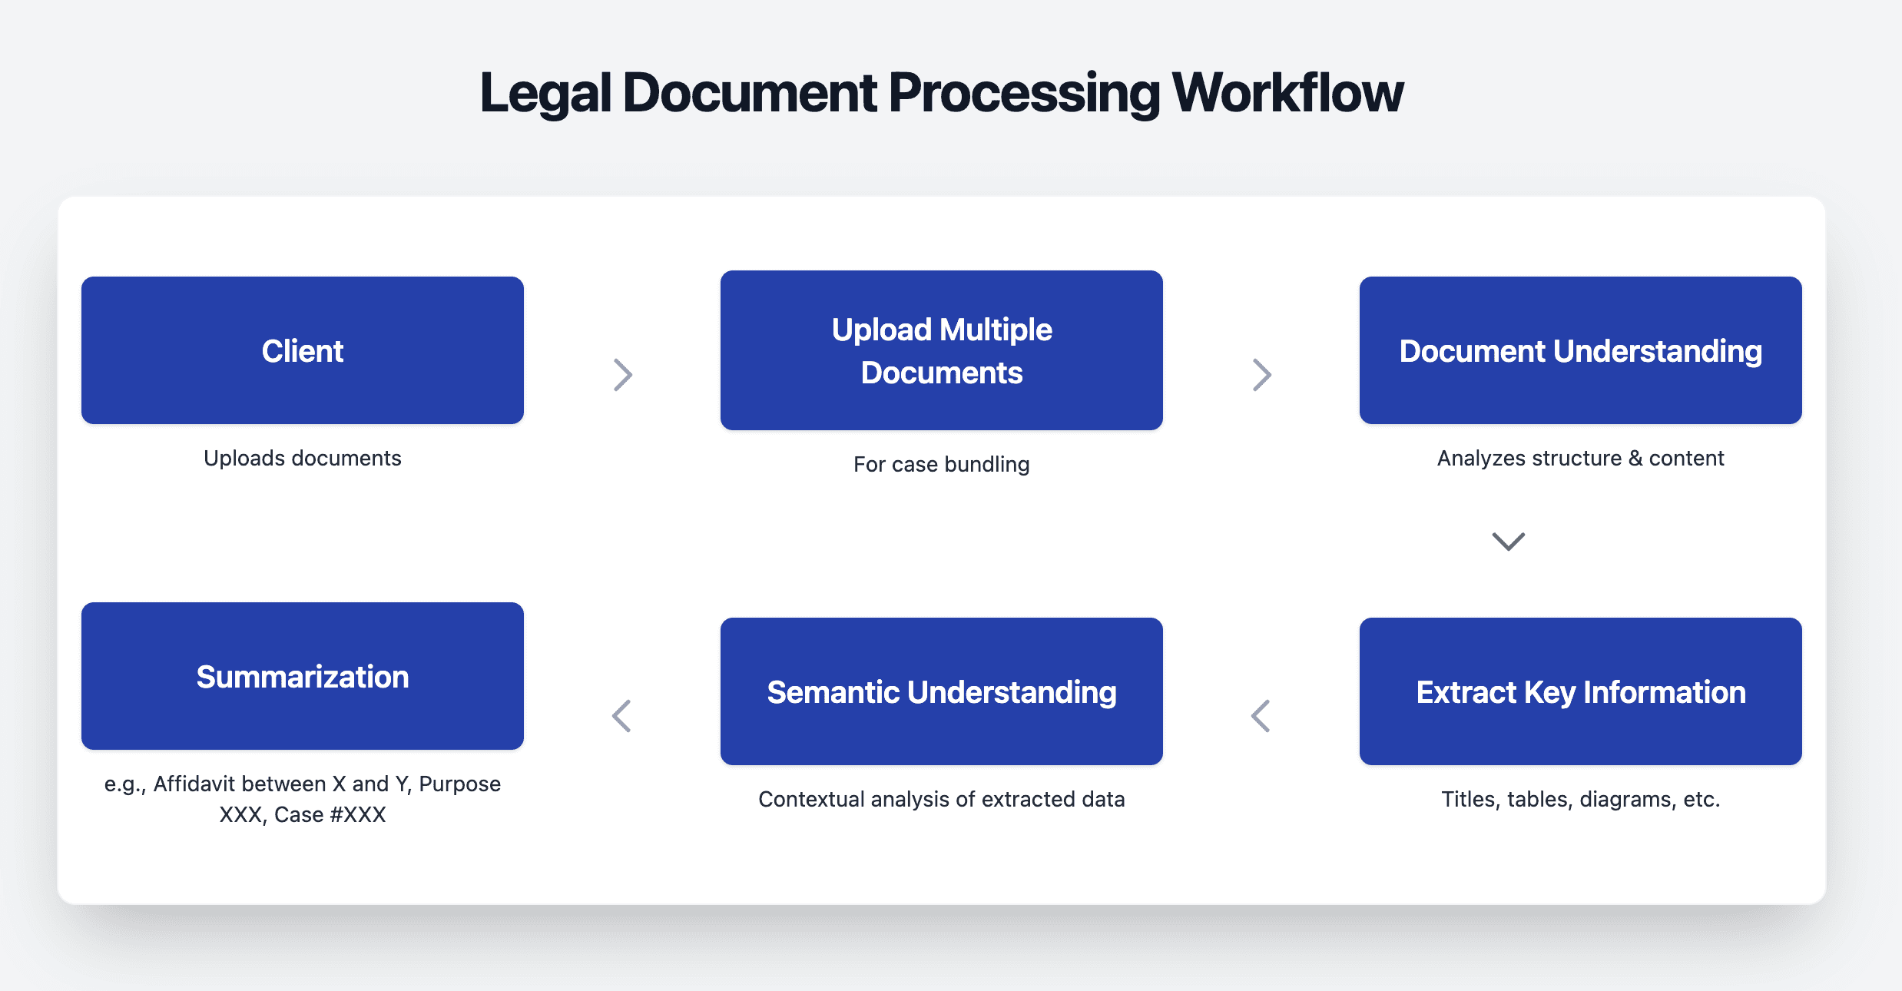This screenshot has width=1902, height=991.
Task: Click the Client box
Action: click(302, 350)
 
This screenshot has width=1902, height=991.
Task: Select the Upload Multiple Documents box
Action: click(941, 350)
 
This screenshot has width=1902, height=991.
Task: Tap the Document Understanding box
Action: click(1580, 350)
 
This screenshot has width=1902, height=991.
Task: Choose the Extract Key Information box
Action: click(1580, 691)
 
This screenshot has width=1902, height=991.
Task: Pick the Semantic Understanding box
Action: click(941, 691)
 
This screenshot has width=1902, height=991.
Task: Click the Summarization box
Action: click(302, 676)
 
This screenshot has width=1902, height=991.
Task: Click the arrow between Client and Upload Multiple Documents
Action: click(623, 375)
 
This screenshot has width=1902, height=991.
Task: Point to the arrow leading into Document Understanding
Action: click(1262, 375)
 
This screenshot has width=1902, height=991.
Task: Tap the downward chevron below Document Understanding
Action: click(1508, 542)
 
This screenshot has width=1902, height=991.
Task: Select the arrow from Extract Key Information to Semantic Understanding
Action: click(1261, 716)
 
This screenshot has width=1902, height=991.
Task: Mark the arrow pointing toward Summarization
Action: click(621, 716)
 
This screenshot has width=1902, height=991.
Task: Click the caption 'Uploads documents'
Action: click(302, 458)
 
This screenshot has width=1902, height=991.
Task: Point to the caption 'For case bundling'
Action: click(941, 464)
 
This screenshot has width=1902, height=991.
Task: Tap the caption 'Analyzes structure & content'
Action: click(1580, 458)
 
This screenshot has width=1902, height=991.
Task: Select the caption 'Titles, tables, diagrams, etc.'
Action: click(1580, 799)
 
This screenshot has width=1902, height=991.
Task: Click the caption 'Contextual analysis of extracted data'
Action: click(941, 799)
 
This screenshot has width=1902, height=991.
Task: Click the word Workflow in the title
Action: click(1287, 93)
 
